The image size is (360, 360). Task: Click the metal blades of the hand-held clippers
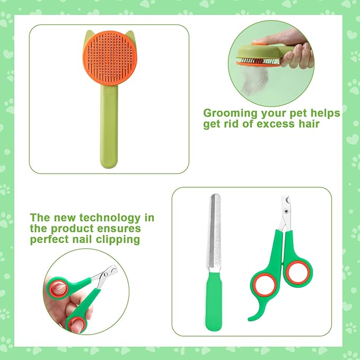tap(106, 275)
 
